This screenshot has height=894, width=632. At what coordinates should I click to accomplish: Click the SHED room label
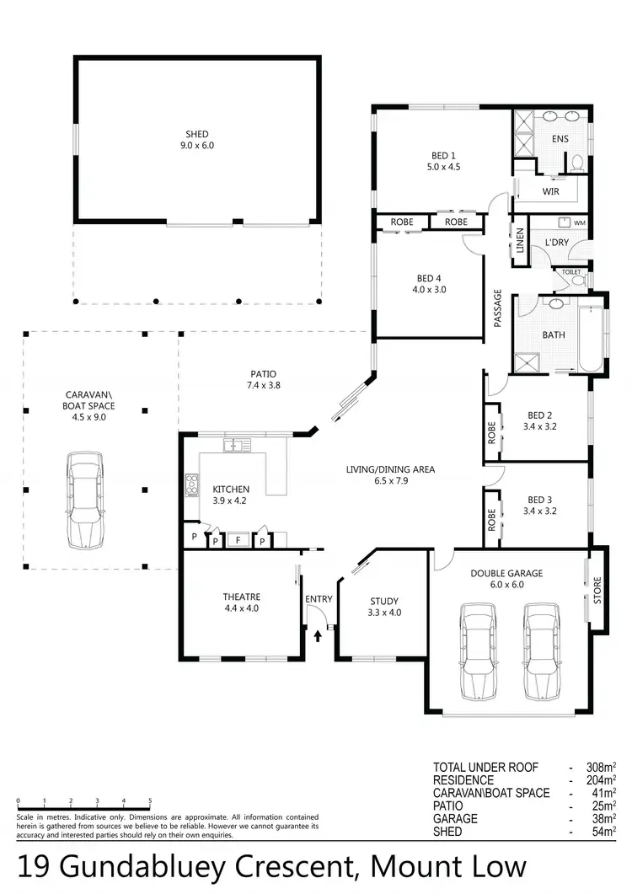[197, 134]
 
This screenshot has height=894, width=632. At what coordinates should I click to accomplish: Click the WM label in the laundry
[579, 223]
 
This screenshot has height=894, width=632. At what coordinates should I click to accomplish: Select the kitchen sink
[233, 444]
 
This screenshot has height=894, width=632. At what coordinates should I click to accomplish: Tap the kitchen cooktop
[191, 484]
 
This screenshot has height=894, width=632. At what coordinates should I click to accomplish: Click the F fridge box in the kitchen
[238, 540]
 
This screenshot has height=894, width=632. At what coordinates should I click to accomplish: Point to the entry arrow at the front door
[318, 634]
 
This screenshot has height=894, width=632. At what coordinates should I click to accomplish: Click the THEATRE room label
[242, 597]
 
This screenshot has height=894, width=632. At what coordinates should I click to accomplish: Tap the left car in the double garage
[477, 650]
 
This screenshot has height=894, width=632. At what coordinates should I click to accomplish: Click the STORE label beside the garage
[598, 590]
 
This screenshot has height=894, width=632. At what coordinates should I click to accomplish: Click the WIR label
[551, 192]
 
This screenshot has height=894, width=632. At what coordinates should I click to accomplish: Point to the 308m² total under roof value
[604, 768]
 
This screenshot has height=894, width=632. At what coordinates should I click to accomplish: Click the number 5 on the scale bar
[150, 800]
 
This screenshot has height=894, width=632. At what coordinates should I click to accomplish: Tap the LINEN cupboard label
[520, 241]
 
